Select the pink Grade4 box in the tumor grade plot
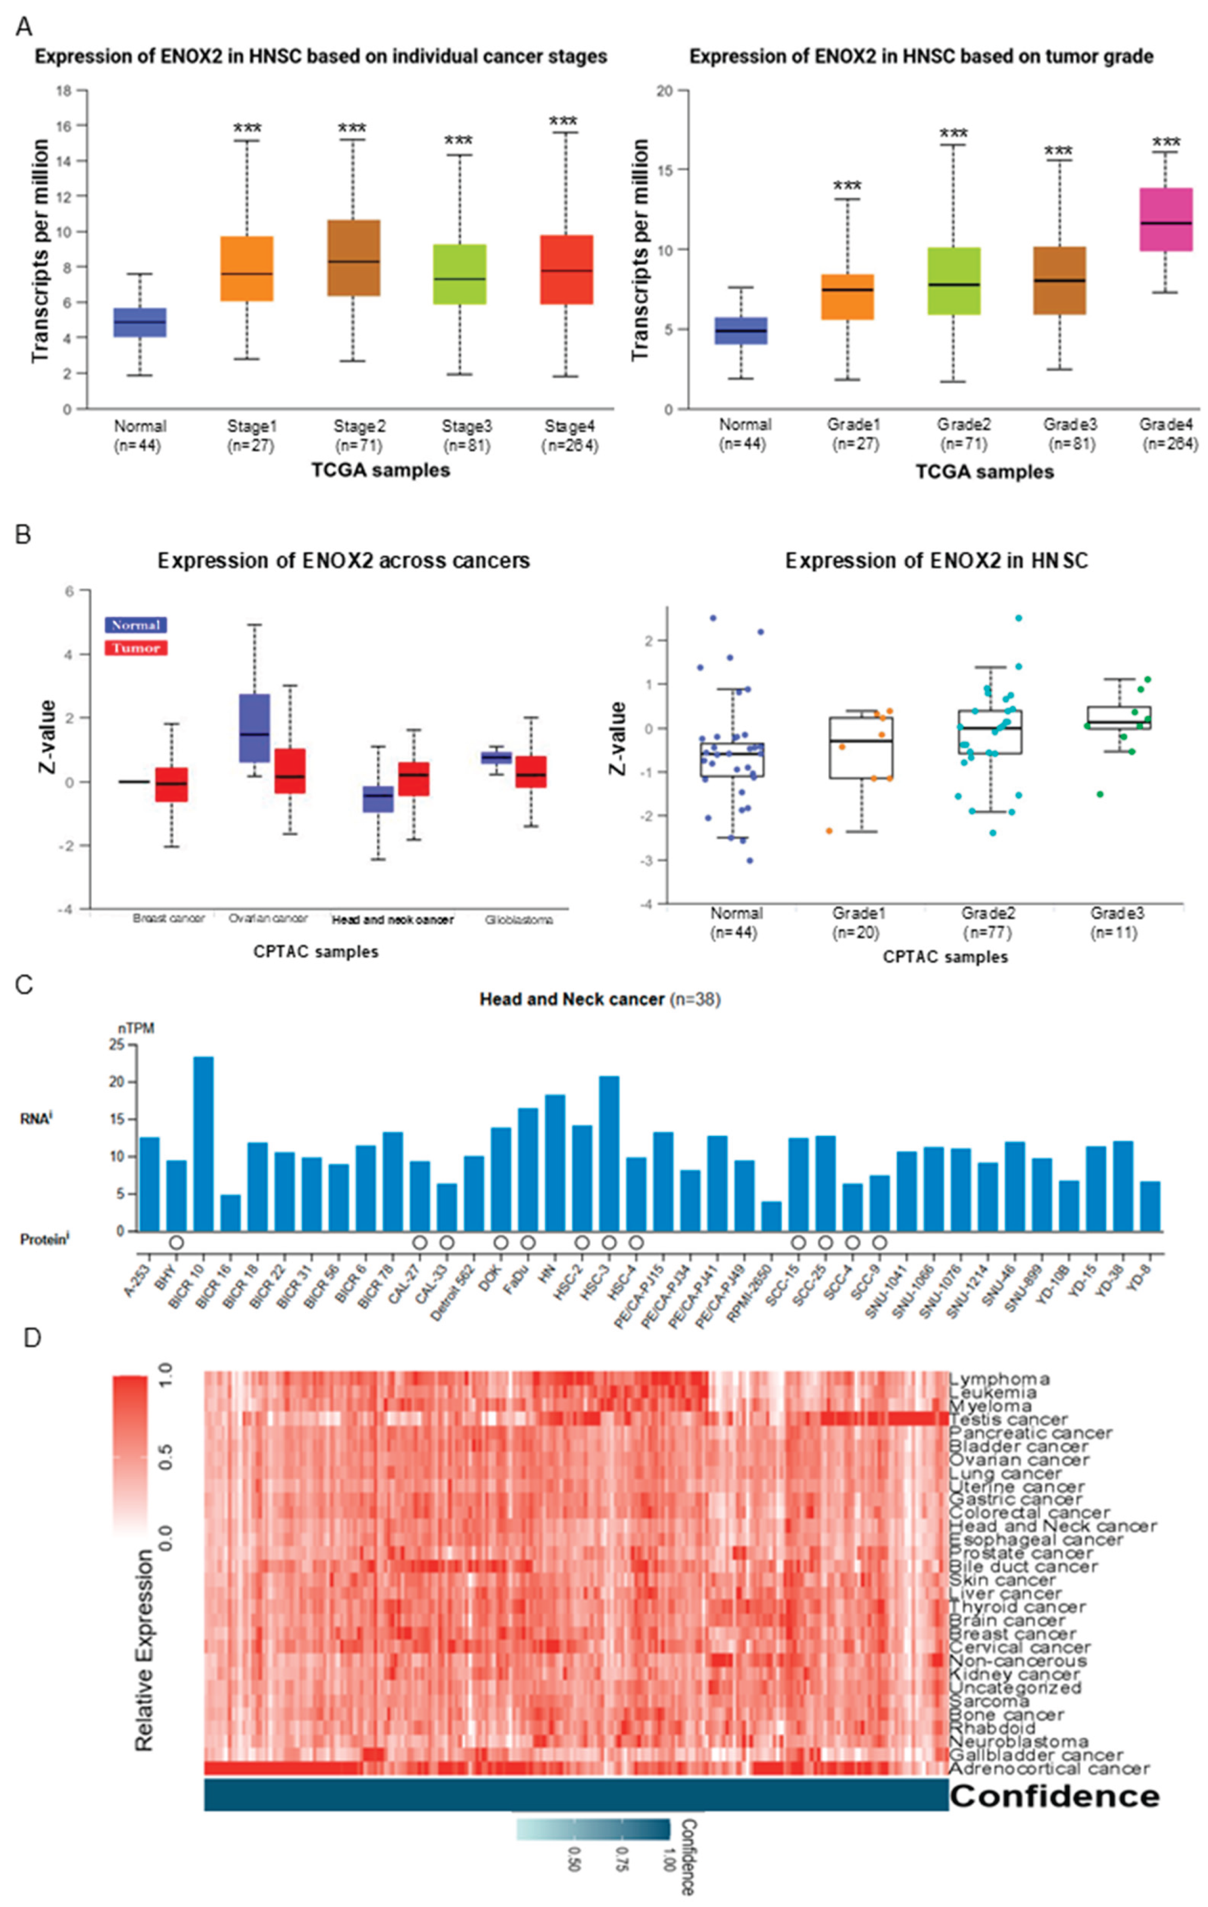click(x=1165, y=220)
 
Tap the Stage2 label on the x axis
click(x=359, y=426)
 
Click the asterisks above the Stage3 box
click(x=458, y=141)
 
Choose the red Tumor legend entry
click(x=135, y=648)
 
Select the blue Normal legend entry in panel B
click(x=135, y=625)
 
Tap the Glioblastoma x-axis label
click(x=519, y=920)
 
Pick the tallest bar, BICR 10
click(x=204, y=1144)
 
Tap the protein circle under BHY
click(x=176, y=1242)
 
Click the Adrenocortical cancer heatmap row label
click(x=1048, y=1768)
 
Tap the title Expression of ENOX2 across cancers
click(x=343, y=561)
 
